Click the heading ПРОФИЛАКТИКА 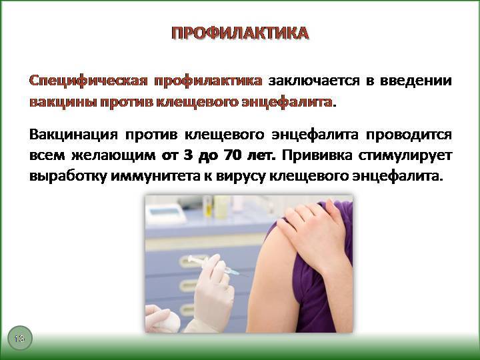pos(240,33)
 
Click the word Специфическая pos(88,81)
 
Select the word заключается pos(314,81)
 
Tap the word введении pos(416,81)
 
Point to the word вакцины pos(63,102)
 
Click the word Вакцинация pos(73,135)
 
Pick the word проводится pos(409,135)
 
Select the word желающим pos(113,155)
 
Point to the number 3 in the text pos(187,155)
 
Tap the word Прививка pos(317,155)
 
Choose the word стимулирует pos(405,155)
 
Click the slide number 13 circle pos(19,338)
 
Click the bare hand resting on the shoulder pos(316,233)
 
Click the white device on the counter pos(165,213)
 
